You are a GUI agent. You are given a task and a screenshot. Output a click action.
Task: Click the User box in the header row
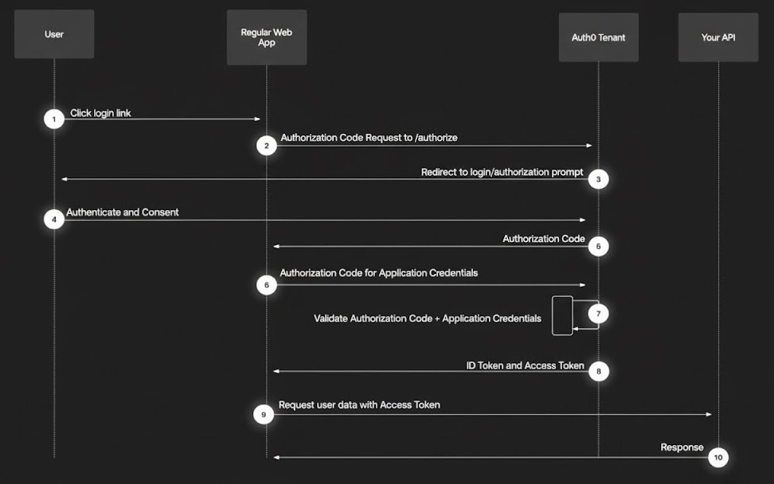pos(54,34)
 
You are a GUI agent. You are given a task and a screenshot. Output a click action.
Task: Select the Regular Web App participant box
pos(267,37)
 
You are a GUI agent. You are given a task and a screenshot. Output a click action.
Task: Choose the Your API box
pos(718,37)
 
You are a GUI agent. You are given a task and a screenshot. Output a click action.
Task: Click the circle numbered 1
pos(54,119)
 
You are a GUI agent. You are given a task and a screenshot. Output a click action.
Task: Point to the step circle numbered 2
pos(267,146)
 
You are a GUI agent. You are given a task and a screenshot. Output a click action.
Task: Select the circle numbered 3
pos(598,179)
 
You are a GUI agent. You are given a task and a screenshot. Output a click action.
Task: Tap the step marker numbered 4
pos(54,220)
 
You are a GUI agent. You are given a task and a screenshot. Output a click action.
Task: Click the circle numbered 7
pos(598,314)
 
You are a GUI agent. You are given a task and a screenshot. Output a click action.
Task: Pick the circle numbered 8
pos(598,371)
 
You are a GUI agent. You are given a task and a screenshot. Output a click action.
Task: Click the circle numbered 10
pos(718,457)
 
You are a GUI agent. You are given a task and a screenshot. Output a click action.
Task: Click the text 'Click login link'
pos(100,113)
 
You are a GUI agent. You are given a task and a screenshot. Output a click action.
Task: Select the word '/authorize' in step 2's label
pos(435,138)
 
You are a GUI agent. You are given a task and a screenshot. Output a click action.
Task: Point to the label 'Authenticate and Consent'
pos(123,213)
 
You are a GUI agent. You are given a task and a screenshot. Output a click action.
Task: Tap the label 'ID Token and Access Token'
pos(525,365)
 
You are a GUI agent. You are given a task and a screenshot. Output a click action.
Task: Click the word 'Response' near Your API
pos(682,447)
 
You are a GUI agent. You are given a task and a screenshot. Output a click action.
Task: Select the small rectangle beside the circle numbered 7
pos(562,315)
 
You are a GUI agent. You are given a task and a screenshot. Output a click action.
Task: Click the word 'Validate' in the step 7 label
pos(330,318)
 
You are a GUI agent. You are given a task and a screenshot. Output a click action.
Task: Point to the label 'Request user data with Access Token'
pos(359,405)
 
